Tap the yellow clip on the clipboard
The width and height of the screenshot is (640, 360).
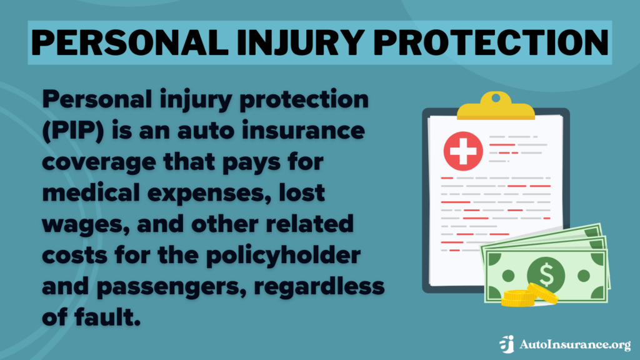coord(496,107)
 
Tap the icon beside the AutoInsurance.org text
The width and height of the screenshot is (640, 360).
coord(506,344)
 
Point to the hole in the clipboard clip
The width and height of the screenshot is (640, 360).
coord(496,97)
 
